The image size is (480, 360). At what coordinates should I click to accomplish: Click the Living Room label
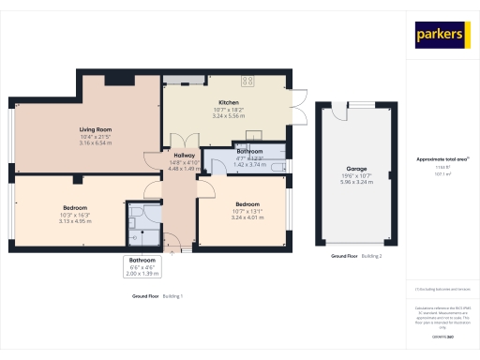click(x=96, y=129)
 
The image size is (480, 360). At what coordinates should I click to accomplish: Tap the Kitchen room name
click(x=229, y=102)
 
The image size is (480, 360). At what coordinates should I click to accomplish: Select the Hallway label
click(x=184, y=156)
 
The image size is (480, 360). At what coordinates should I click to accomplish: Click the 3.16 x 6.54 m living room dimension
click(x=96, y=143)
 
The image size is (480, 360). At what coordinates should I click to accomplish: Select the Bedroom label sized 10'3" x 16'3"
click(x=75, y=207)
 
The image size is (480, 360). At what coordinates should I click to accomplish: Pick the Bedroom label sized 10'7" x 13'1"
click(x=247, y=204)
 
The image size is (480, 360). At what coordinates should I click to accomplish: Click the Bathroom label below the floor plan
click(x=142, y=260)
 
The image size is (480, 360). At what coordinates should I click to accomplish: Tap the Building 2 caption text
click(x=373, y=256)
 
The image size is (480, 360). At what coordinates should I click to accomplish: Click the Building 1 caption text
click(x=172, y=296)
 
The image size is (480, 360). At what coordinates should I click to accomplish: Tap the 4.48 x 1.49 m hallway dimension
click(x=184, y=170)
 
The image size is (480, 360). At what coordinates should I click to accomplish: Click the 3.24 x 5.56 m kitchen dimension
click(x=229, y=116)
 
